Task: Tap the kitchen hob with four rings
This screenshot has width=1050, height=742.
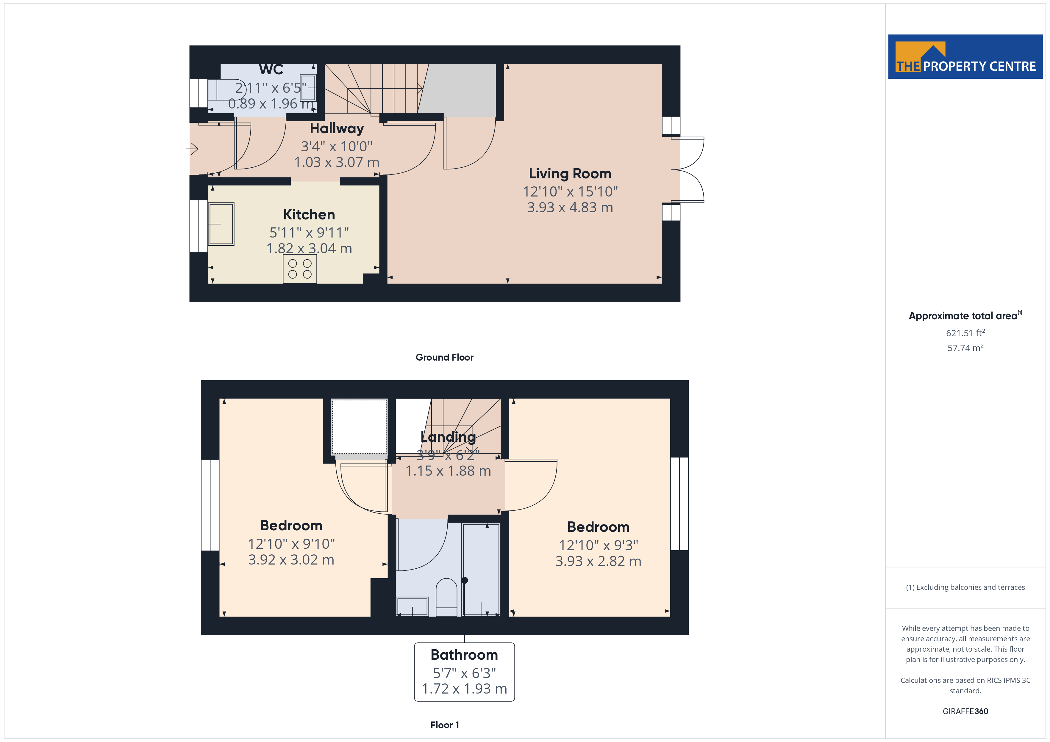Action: coord(299,269)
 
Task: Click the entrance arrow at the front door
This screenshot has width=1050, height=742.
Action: coord(192,149)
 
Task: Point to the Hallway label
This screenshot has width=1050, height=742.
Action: coord(337,128)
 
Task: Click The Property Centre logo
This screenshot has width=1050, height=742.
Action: coord(965,57)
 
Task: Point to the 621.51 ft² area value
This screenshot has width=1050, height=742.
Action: coord(965,333)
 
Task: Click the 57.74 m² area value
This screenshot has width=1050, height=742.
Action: coord(965,348)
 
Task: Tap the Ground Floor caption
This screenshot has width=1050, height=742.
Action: coord(444,357)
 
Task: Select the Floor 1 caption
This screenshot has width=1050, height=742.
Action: coord(444,725)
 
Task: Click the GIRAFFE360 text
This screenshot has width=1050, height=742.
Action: coord(965,711)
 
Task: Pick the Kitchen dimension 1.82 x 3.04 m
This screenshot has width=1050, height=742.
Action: coord(309,248)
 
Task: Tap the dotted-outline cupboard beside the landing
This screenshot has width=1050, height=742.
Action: coord(359,426)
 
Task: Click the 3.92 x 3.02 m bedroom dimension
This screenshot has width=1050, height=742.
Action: coord(291,559)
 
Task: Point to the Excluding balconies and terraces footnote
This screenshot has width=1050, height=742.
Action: coord(965,587)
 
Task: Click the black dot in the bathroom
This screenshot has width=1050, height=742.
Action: coord(464,580)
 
